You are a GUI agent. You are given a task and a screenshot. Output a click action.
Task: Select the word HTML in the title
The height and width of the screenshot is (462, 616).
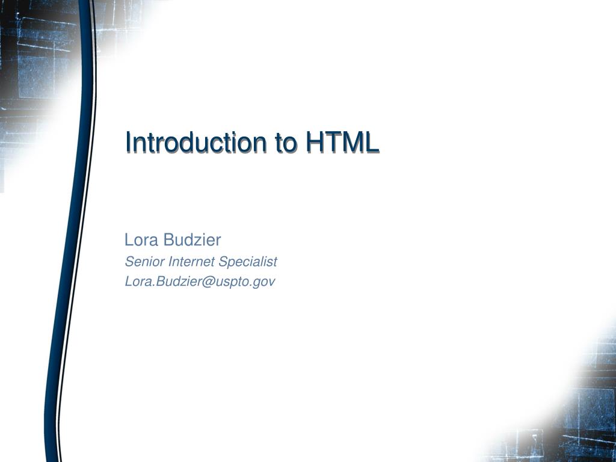pyautogui.click(x=342, y=143)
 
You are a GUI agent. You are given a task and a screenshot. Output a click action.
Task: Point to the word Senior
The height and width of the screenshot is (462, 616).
pyautogui.click(x=145, y=262)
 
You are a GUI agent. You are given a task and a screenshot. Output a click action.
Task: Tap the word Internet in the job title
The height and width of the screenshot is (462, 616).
pyautogui.click(x=191, y=262)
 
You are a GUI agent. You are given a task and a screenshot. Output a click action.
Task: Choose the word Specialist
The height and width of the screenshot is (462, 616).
pyautogui.click(x=247, y=262)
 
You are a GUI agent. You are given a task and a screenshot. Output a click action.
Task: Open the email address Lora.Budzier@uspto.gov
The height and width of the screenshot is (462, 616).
pyautogui.click(x=200, y=281)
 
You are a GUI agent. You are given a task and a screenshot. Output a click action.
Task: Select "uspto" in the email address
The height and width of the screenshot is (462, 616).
pyautogui.click(x=235, y=282)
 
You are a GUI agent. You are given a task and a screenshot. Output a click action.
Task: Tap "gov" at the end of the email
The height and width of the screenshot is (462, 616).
pyautogui.click(x=265, y=282)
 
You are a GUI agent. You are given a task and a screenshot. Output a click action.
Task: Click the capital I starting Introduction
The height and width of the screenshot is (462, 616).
pyautogui.click(x=128, y=143)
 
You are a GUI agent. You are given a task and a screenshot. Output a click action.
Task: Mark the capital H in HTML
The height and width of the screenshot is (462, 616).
pyautogui.click(x=315, y=143)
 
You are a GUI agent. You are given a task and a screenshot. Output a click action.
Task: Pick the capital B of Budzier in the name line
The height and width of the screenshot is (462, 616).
pyautogui.click(x=169, y=240)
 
